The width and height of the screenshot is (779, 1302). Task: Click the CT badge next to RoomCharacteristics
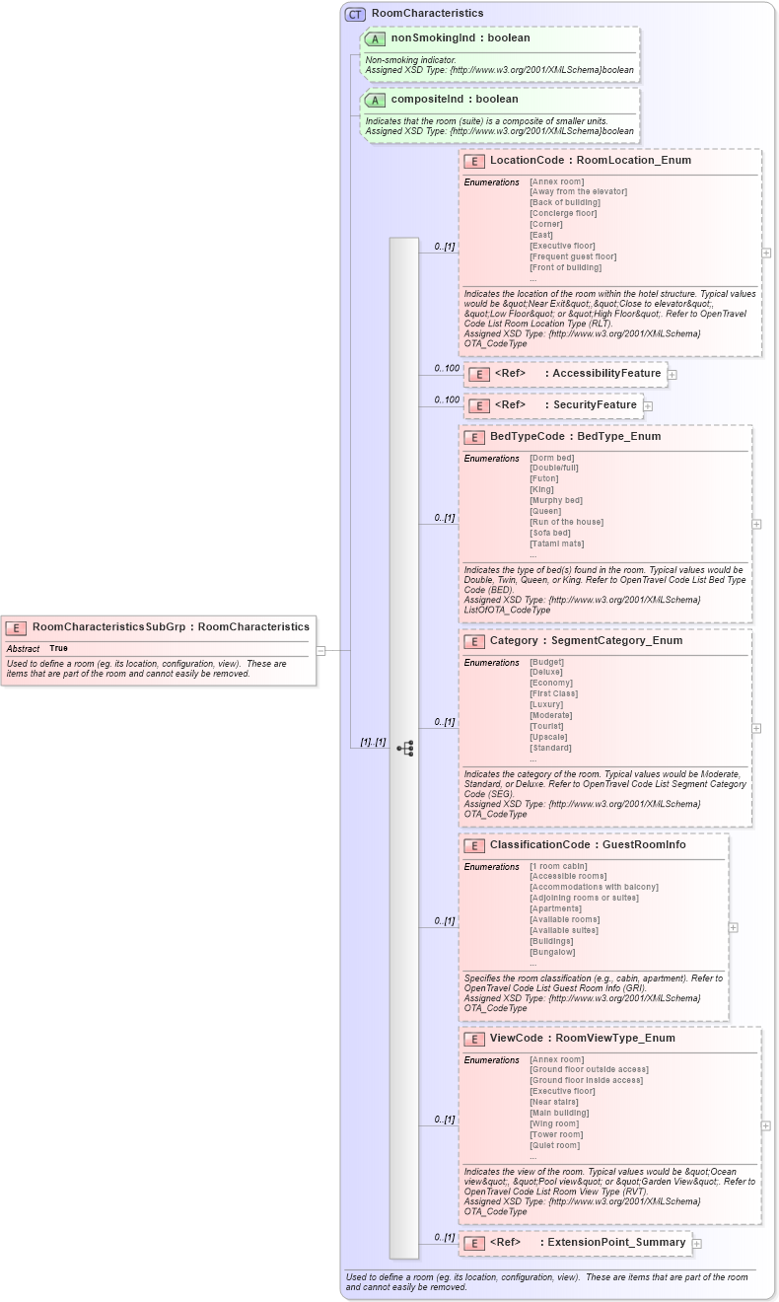click(x=355, y=14)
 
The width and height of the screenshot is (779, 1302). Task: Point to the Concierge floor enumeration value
click(x=563, y=213)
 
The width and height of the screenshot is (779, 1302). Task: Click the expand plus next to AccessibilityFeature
click(x=673, y=375)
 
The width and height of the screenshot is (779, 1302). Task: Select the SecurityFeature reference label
click(x=595, y=405)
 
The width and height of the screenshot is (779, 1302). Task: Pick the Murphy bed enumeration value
click(x=555, y=500)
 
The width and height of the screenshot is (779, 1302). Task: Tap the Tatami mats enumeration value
click(x=556, y=543)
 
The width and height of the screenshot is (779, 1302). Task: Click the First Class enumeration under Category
click(x=553, y=693)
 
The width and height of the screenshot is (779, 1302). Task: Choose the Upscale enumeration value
click(x=547, y=737)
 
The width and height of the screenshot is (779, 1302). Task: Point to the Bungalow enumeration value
click(x=551, y=952)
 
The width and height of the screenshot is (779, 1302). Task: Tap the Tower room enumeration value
click(x=556, y=1134)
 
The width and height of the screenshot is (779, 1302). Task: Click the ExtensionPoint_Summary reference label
click(x=616, y=1243)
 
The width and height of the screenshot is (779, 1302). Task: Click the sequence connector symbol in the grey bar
click(x=404, y=749)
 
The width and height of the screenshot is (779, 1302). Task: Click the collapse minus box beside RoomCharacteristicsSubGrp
click(x=320, y=651)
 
